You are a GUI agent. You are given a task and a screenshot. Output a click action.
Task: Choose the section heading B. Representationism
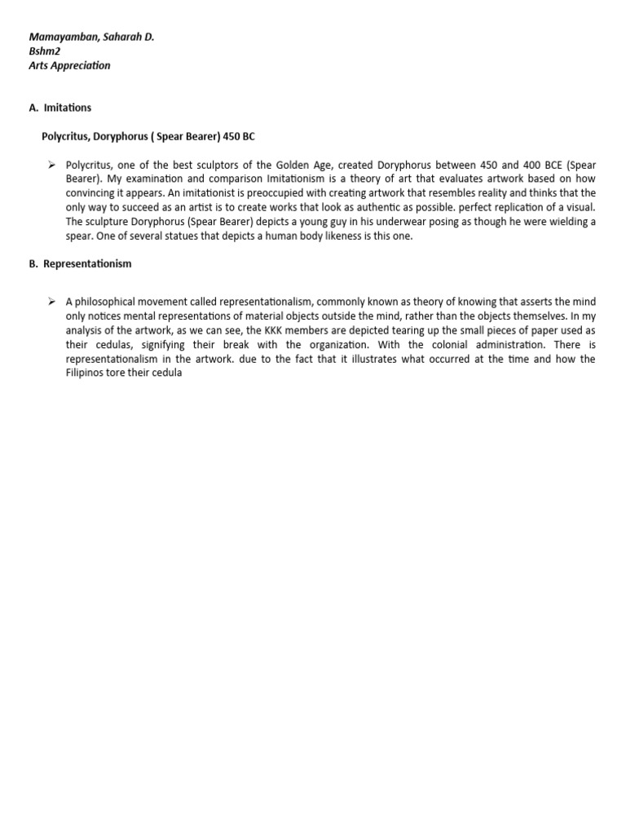80,264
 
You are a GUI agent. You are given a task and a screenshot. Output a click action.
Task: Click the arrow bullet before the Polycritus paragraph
51,164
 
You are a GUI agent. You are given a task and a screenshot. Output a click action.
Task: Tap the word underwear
374,222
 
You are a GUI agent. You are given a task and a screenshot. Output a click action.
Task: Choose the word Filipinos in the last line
89,373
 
